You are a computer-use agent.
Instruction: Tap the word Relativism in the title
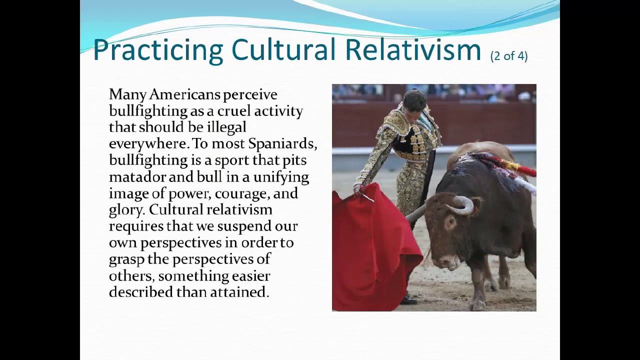point(413,50)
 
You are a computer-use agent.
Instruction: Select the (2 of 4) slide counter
point(509,55)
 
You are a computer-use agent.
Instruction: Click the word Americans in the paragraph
point(184,94)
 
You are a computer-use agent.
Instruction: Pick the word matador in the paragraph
point(137,177)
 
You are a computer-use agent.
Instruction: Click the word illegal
point(226,127)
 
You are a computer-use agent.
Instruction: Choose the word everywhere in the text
point(148,144)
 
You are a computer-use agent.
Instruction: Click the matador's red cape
point(375,245)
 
